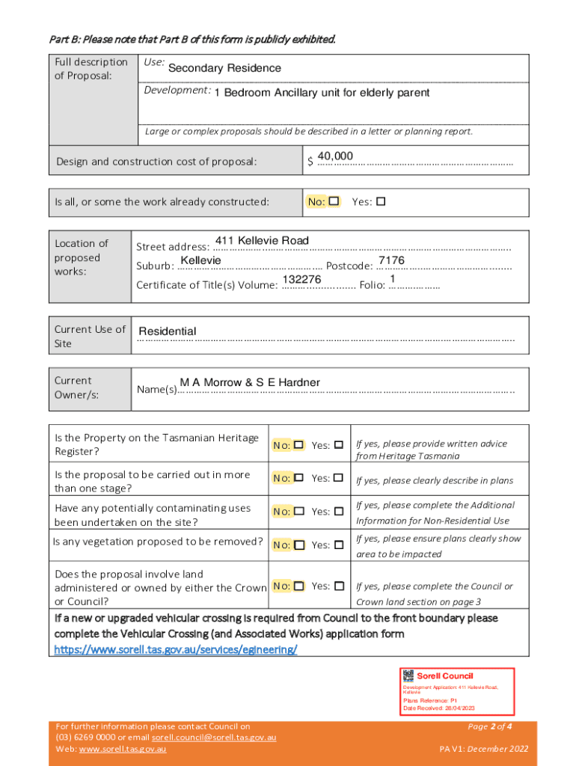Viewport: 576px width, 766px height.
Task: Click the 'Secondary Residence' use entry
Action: [x=224, y=69]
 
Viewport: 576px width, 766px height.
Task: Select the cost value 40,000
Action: [x=335, y=156]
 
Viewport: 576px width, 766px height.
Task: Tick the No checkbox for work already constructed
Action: [x=334, y=201]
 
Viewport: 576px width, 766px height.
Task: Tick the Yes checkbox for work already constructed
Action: [x=381, y=201]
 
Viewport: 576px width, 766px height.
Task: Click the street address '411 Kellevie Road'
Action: [x=261, y=240]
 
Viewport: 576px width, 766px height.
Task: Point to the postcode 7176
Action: [x=391, y=260]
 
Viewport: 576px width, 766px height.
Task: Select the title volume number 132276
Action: [x=301, y=279]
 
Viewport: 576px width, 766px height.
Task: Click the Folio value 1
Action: [x=393, y=279]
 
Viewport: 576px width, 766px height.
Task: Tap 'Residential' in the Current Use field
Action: [x=168, y=331]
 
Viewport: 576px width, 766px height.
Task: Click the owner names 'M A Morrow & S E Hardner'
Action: [x=250, y=383]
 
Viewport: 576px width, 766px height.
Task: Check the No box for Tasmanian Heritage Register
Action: [x=298, y=445]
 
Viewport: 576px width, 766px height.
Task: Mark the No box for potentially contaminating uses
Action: [x=298, y=511]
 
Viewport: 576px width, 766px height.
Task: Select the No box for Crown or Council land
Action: [x=298, y=586]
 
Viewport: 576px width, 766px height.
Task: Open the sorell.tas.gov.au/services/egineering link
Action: [x=175, y=649]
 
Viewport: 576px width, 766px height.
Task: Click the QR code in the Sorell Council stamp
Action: [x=408, y=675]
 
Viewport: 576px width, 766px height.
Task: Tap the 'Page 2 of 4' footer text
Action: [x=489, y=726]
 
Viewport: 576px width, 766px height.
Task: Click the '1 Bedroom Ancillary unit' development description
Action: [x=322, y=93]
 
